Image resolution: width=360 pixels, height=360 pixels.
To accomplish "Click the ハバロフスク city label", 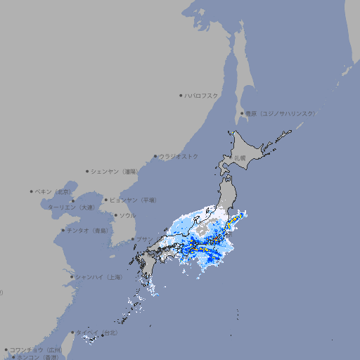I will tap(201, 95).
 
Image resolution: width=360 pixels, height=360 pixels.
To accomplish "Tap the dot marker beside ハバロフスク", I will tap(181, 95).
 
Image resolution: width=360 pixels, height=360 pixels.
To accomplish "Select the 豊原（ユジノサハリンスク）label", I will tap(280, 113).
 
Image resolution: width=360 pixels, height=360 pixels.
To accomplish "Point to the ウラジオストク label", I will tap(179, 156).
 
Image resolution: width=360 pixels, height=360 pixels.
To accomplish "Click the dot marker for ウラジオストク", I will tap(155, 156).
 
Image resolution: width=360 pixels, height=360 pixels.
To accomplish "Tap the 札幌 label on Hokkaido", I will tap(240, 157).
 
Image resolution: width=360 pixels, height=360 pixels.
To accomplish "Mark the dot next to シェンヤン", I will tap(87, 171).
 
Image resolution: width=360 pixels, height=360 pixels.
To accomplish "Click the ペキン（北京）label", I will tap(54, 191).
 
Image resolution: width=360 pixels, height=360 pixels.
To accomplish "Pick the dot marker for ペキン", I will tap(32, 191).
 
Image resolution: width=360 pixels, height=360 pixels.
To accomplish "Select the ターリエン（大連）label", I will tap(71, 207).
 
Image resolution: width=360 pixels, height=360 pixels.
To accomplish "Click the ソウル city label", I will tap(127, 215).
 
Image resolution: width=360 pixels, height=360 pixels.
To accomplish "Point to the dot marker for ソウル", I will tap(114, 215).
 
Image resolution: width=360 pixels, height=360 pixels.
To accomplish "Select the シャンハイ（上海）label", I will tap(98, 277).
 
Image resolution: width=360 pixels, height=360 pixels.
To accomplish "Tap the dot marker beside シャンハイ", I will tap(71, 277).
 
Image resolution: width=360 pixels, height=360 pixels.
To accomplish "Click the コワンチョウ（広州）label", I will tap(36, 349).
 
